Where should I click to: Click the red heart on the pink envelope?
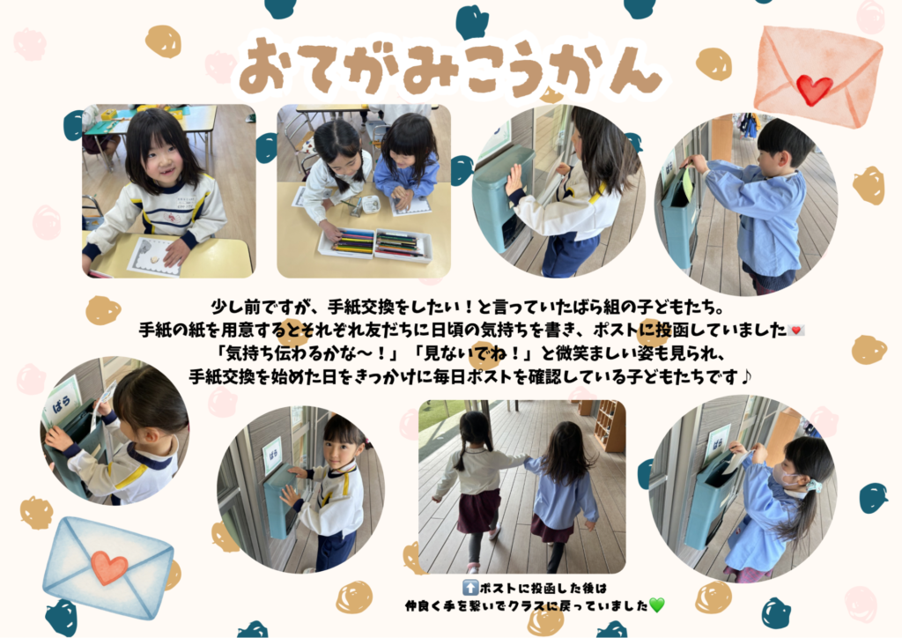coord(814,90)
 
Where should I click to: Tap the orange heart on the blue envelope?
coord(108,567)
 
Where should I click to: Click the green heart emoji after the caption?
coord(656,605)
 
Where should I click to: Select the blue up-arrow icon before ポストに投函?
coord(470,588)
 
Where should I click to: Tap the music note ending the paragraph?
coord(745,377)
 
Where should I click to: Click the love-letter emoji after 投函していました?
coord(796,330)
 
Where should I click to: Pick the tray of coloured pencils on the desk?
coord(374,244)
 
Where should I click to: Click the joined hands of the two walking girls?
coord(526,460)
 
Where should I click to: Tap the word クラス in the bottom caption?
coord(528,605)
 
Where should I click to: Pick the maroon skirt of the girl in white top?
coord(478,510)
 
